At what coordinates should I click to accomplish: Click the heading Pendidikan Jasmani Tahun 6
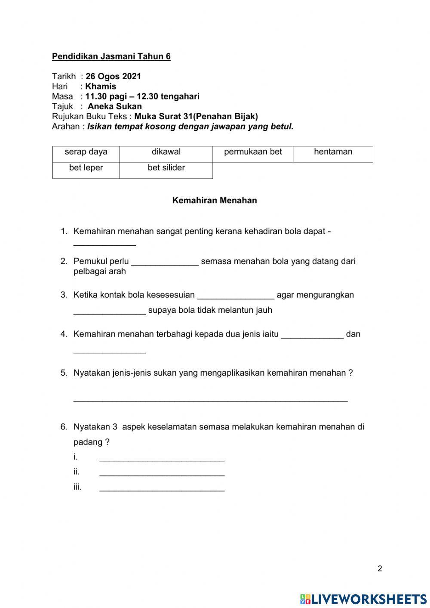pos(111,56)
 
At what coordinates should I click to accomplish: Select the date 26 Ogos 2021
pos(113,77)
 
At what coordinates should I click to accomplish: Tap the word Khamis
pos(101,86)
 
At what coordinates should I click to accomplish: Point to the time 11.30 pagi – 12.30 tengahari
pos(142,96)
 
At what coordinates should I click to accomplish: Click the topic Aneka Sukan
pos(115,106)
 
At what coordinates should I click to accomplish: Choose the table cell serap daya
pos(86,152)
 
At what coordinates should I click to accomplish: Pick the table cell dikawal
pos(166,152)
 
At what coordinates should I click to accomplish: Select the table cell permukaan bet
pos(253,152)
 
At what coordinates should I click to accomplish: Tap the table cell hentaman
pos(333,152)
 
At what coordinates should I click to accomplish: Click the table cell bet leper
pos(86,168)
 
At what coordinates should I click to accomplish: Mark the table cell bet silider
pos(166,168)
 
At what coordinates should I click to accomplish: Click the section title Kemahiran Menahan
pos(215,201)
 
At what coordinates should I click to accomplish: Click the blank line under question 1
pos(104,244)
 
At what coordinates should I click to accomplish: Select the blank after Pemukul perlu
pos(165,263)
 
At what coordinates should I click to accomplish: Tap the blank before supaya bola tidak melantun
pos(109,312)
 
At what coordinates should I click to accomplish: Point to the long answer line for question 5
pos(210,400)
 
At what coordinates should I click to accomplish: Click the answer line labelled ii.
pos(162,474)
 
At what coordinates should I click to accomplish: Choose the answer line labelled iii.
pos(162,489)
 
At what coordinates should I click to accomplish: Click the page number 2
pos(380,569)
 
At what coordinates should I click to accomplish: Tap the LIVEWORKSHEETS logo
pos(363,599)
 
